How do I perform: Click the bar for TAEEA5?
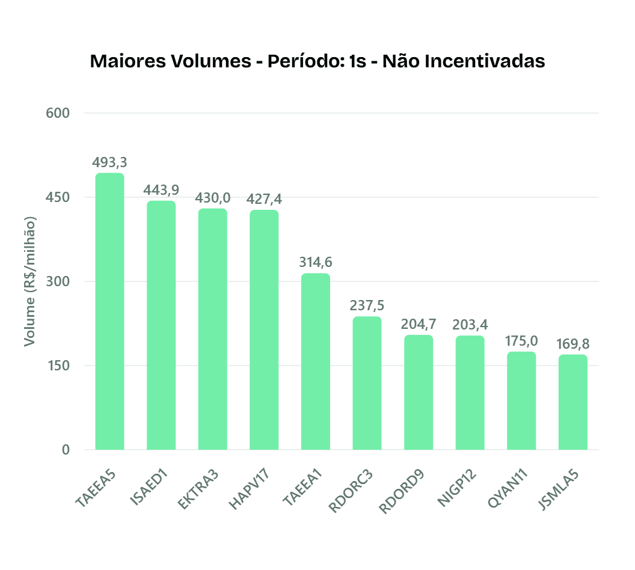pyautogui.click(x=109, y=311)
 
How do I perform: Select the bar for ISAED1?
pyautogui.click(x=161, y=325)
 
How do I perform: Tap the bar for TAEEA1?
pyautogui.click(x=316, y=361)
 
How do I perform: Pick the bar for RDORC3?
pyautogui.click(x=367, y=383)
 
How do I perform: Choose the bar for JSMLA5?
pyautogui.click(x=572, y=402)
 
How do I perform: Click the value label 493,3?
pyautogui.click(x=109, y=162)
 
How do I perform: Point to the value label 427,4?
pyautogui.click(x=264, y=199)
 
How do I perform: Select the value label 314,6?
pyautogui.click(x=316, y=262)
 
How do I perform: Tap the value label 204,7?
pyautogui.click(x=419, y=324)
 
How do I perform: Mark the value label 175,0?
pyautogui.click(x=521, y=341)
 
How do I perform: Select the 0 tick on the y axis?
pyautogui.click(x=65, y=450)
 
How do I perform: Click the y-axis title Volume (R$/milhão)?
pyautogui.click(x=29, y=281)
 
